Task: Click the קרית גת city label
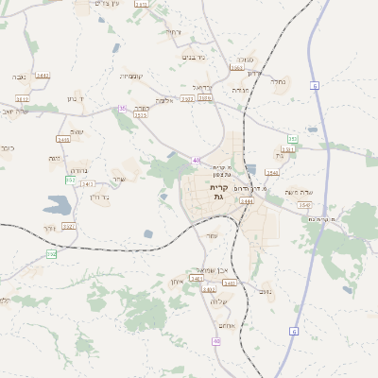point(216,192)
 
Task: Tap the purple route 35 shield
point(122,109)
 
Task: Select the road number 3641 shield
point(42,75)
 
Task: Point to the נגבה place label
point(19,77)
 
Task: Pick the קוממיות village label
point(130,76)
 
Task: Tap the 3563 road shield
point(236,68)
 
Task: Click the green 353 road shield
point(292,139)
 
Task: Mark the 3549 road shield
point(271,173)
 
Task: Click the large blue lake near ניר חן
point(56,203)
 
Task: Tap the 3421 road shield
point(68,227)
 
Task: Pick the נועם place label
point(266,292)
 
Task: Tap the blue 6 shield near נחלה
point(315,86)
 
